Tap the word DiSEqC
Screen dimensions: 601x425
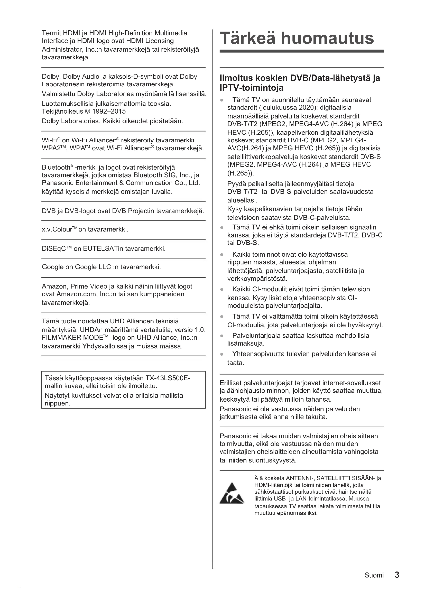53,248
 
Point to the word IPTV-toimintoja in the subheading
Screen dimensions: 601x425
252,88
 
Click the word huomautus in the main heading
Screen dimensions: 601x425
327,38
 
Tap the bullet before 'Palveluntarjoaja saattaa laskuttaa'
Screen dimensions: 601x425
222,336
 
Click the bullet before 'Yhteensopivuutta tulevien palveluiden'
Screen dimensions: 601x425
222,354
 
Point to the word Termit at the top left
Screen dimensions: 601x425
51,33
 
